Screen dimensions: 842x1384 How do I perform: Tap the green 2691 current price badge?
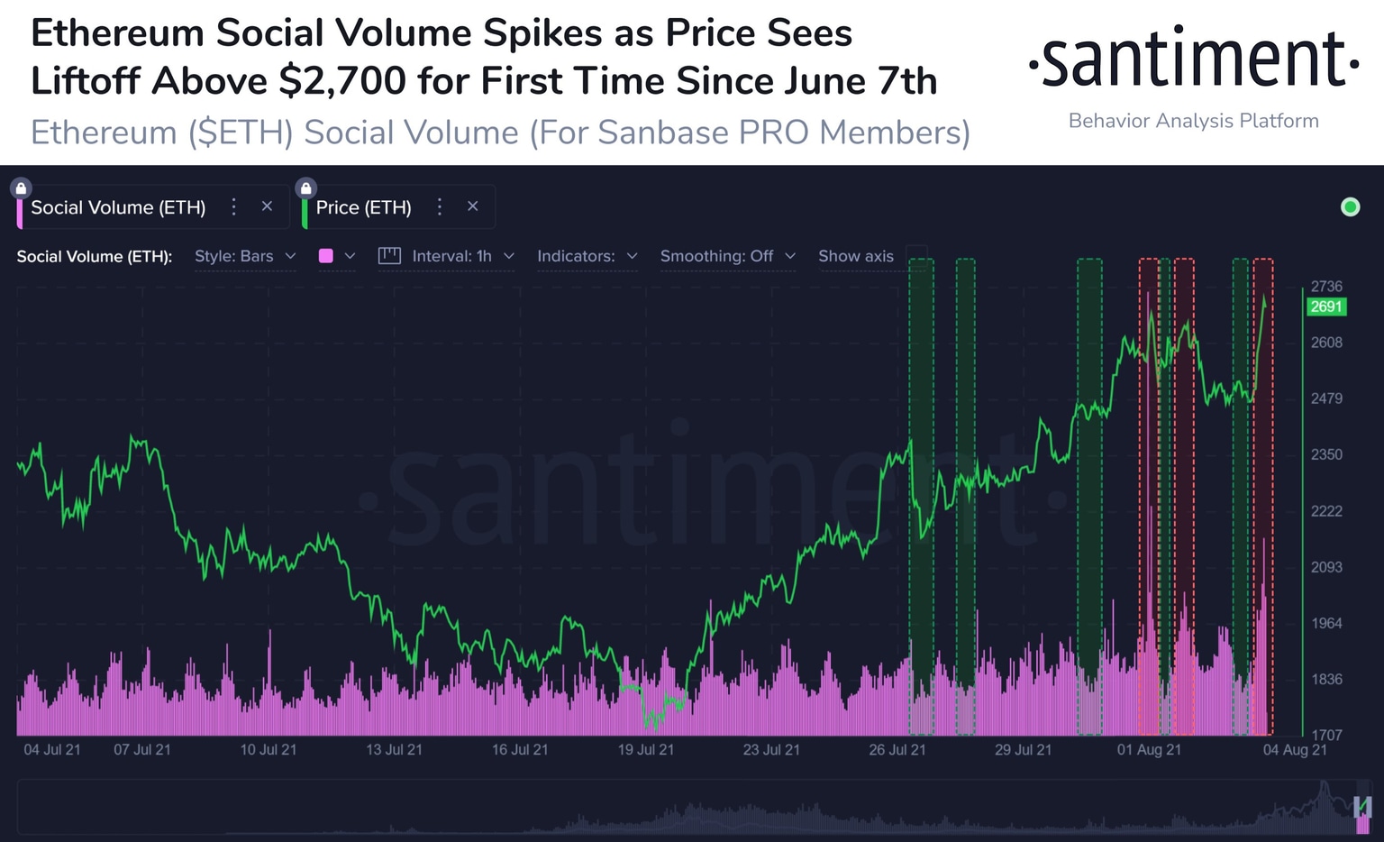[x=1325, y=307]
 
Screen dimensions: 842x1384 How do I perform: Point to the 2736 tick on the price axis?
[x=1325, y=287]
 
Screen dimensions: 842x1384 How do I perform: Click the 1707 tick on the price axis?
[x=1325, y=736]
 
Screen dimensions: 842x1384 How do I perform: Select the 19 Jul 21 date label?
[x=645, y=750]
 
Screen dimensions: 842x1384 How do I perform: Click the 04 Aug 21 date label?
[x=1294, y=750]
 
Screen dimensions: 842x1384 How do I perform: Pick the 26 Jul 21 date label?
[x=897, y=750]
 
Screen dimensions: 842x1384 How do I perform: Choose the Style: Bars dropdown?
[x=244, y=256]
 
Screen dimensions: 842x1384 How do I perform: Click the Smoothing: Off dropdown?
[x=727, y=256]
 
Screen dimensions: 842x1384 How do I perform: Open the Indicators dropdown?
[x=587, y=256]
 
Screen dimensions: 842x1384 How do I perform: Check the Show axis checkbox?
[x=916, y=256]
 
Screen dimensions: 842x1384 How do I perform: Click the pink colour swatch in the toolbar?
[x=326, y=256]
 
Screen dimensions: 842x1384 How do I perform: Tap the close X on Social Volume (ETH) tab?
[x=267, y=206]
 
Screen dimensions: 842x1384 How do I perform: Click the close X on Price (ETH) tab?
[x=472, y=206]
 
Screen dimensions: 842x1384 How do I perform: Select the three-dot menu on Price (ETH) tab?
[x=440, y=206]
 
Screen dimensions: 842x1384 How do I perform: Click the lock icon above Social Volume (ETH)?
[x=21, y=188]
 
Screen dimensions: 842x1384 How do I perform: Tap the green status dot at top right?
[x=1350, y=207]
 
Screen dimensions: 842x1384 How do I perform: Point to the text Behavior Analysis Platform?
[x=1193, y=121]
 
